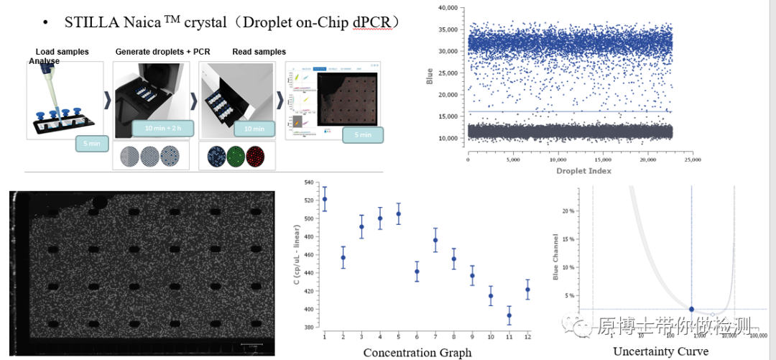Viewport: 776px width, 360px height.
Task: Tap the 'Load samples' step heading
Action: (63, 52)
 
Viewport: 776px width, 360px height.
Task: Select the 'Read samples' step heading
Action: (259, 52)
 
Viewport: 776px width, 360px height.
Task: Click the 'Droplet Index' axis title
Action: (583, 171)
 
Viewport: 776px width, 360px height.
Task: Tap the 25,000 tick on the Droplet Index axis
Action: (693, 161)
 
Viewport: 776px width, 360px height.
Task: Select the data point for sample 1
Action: (325, 199)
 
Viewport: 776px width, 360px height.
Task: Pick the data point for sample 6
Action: (417, 272)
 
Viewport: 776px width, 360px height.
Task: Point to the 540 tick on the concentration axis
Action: (309, 183)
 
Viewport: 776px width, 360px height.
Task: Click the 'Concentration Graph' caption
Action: (417, 352)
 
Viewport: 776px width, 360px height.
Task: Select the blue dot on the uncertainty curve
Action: (691, 309)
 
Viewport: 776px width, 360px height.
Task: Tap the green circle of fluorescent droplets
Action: (235, 157)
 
